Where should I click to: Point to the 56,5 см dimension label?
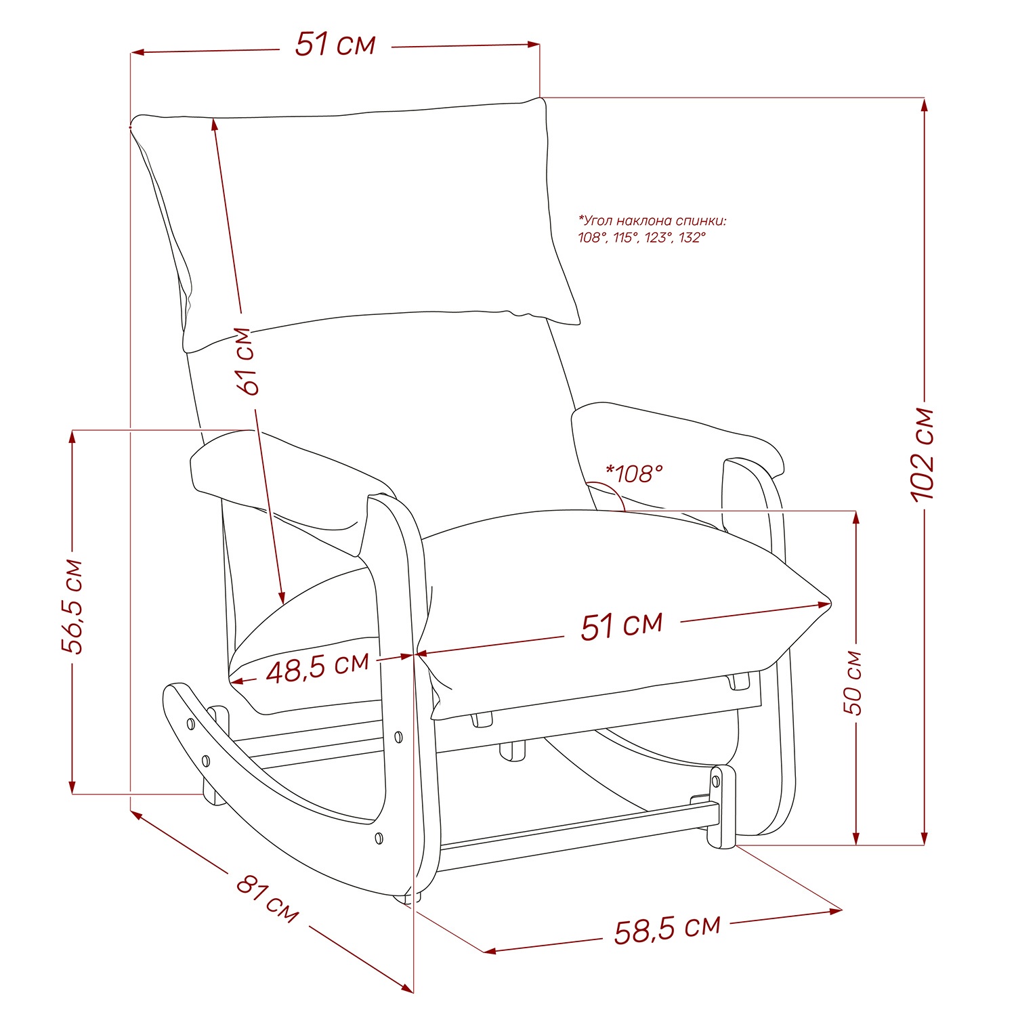pyautogui.click(x=72, y=607)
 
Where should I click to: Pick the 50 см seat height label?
pyautogui.click(x=853, y=683)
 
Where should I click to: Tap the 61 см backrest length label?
pyautogui.click(x=247, y=361)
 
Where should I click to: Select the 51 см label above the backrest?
pyautogui.click(x=335, y=44)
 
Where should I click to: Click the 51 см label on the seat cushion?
pyautogui.click(x=622, y=625)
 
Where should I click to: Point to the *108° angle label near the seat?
pyautogui.click(x=634, y=473)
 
